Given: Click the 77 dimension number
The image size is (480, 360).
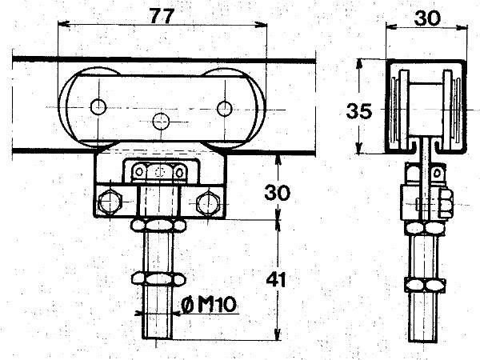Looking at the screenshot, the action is click(x=162, y=16).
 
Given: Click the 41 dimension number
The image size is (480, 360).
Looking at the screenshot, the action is click(x=275, y=279).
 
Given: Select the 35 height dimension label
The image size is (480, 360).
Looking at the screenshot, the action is click(x=359, y=111).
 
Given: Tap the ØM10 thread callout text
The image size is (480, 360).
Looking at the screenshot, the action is click(x=209, y=305).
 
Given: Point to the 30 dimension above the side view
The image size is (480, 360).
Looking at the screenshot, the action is click(x=428, y=18).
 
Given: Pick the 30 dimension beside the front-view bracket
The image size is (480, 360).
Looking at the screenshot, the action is click(x=277, y=193).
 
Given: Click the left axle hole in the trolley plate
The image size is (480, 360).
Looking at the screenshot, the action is click(x=98, y=107).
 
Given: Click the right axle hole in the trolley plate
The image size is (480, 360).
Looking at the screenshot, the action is click(x=224, y=108).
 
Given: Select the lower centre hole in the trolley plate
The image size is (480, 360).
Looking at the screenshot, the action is click(x=161, y=122).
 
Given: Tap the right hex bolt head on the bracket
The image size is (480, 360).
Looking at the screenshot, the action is click(x=208, y=202).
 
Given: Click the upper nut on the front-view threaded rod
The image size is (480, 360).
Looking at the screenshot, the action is click(x=158, y=226).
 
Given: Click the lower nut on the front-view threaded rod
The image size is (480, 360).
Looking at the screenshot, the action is click(x=158, y=279).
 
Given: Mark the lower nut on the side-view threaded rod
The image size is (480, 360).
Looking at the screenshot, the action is click(x=425, y=285).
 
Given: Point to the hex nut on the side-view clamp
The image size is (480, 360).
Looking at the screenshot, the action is click(x=446, y=203).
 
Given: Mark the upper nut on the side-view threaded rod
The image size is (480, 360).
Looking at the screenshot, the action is click(x=425, y=228).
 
